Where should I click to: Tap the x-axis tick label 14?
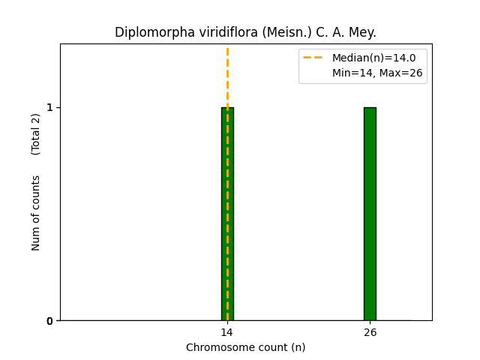tap(226, 332)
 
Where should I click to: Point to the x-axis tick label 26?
tap(370, 332)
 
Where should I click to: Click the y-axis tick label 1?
tap(49, 107)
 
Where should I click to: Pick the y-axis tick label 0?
tap(49, 321)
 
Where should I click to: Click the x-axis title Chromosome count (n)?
tap(245, 347)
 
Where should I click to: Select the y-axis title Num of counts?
tap(36, 213)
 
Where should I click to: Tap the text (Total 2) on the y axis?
tap(36, 134)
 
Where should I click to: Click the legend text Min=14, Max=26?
tap(377, 73)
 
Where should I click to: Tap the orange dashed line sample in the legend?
tap(313, 58)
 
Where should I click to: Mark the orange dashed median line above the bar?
tap(227, 75)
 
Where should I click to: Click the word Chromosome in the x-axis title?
tap(216, 347)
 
